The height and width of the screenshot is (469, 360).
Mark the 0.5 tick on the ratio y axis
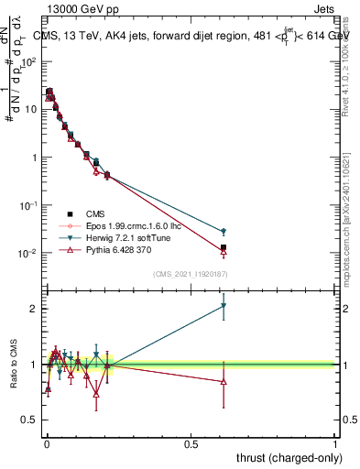point(31,420)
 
